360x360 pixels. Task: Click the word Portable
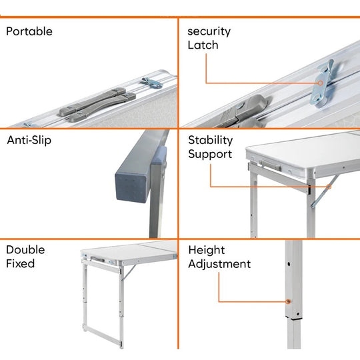click(x=29, y=31)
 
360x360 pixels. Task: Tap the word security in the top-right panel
click(x=209, y=31)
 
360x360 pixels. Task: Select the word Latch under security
click(x=203, y=45)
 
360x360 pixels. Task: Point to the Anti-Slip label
click(x=29, y=141)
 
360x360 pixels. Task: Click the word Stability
click(x=210, y=141)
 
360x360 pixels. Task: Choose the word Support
click(x=210, y=155)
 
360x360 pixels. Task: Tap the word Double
click(x=25, y=250)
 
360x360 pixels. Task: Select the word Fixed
click(x=20, y=264)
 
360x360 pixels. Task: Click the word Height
click(x=207, y=250)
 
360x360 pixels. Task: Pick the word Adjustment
click(x=219, y=264)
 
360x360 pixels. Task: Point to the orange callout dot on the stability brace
click(x=328, y=186)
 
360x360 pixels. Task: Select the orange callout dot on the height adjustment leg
click(x=288, y=301)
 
